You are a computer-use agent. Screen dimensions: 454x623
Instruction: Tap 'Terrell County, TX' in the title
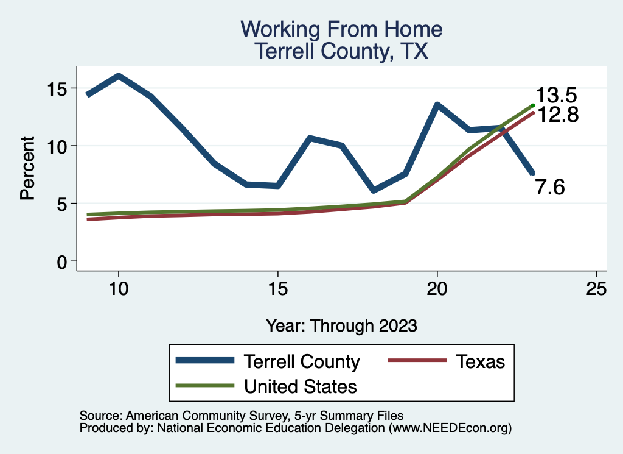[x=341, y=51]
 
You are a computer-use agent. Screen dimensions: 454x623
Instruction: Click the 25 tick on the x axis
[x=596, y=288]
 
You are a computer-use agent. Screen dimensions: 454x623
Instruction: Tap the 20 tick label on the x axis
[x=437, y=288]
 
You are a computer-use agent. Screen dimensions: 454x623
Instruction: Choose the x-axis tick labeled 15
[x=277, y=288]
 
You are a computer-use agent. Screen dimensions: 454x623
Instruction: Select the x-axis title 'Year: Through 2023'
[x=341, y=325]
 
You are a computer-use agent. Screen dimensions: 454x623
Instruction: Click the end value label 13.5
[x=555, y=96]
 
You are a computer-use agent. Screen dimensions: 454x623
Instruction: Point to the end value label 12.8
[x=555, y=115]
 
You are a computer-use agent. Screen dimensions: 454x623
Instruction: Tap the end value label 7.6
[x=550, y=188]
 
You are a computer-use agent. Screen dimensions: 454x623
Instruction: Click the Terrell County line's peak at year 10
[x=119, y=76]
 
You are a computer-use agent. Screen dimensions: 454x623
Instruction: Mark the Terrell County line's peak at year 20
[x=437, y=105]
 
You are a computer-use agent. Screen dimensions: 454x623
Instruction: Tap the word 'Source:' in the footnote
[x=100, y=416]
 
